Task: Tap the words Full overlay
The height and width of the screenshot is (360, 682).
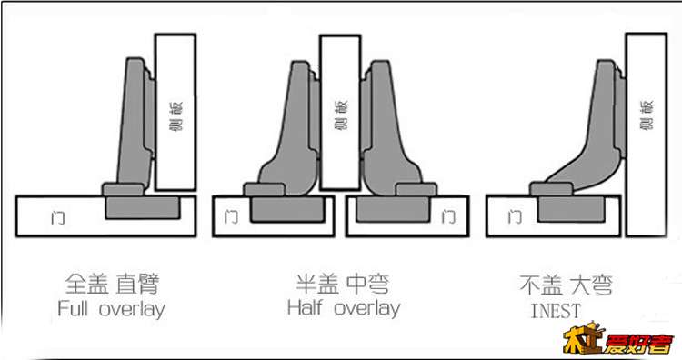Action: pyautogui.click(x=111, y=309)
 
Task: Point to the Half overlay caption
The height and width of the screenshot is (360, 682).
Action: pyautogui.click(x=343, y=308)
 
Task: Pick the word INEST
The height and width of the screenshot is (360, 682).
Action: pyautogui.click(x=554, y=311)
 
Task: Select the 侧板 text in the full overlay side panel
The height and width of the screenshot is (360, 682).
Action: pyautogui.click(x=175, y=114)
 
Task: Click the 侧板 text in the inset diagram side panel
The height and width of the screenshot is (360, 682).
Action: pyautogui.click(x=647, y=114)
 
